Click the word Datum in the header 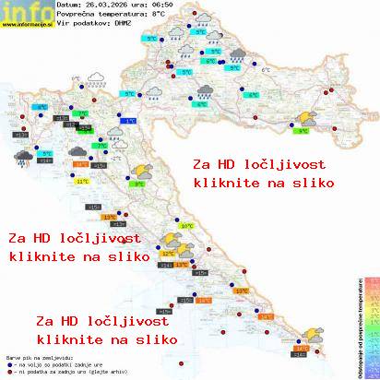click(x=70, y=6)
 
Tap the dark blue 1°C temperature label click(x=130, y=121)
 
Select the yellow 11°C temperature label click(x=82, y=182)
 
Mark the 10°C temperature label click(x=186, y=226)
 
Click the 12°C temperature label click(x=168, y=252)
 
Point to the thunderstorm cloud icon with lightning click(x=19, y=158)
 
